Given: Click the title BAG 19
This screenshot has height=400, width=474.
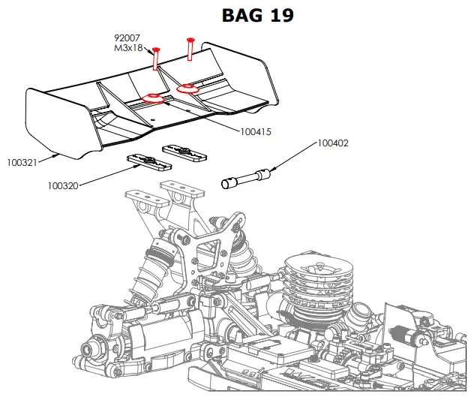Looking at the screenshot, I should (x=257, y=14).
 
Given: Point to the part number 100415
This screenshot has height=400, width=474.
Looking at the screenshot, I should (x=255, y=131).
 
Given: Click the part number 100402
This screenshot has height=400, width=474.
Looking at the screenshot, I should (x=333, y=143).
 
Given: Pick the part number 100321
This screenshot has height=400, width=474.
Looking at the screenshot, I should (x=22, y=161).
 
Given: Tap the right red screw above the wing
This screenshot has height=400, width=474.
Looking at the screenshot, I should (x=190, y=48).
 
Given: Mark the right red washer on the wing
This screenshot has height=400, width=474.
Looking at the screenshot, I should (x=187, y=88).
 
